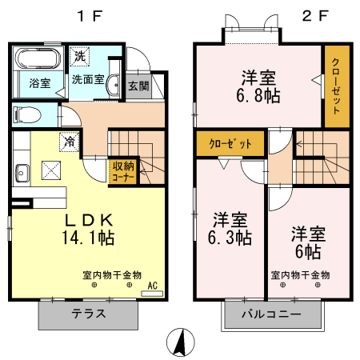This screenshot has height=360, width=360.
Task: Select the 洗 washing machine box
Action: (x=78, y=56)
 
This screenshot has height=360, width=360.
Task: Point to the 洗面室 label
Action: (x=87, y=80)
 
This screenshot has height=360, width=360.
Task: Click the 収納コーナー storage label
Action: (x=122, y=170)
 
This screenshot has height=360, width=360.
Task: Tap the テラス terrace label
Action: (x=88, y=314)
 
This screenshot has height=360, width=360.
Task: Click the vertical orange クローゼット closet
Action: (x=335, y=87)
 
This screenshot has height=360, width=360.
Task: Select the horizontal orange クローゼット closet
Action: (x=230, y=144)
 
